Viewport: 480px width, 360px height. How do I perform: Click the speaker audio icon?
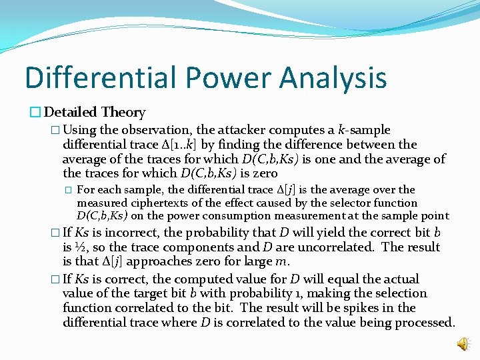(x=462, y=343)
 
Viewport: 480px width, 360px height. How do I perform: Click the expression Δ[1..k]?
(x=152, y=144)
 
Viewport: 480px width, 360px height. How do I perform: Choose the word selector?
(x=343, y=203)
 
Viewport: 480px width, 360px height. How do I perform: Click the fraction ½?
(x=79, y=247)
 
